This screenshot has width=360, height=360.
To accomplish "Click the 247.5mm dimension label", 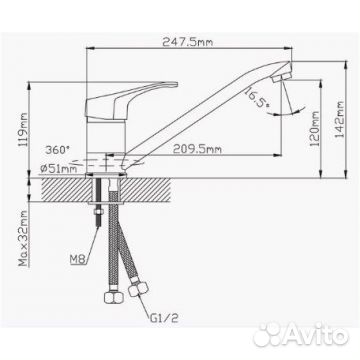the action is tap(187, 42).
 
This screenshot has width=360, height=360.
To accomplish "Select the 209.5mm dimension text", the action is tap(197, 149).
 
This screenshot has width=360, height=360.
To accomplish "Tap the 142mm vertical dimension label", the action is tap(339, 119).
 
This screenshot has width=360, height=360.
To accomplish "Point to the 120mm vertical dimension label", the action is tap(314, 129).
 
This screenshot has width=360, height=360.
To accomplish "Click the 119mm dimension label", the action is tap(23, 130).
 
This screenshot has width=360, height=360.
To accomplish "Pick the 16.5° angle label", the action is tap(257, 97).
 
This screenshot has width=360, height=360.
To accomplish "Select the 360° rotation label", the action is tap(58, 150).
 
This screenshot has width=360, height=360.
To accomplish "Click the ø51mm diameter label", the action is tap(58, 169).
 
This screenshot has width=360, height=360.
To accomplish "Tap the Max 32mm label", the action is tap(23, 238).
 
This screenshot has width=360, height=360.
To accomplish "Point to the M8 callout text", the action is tap(77, 259).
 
